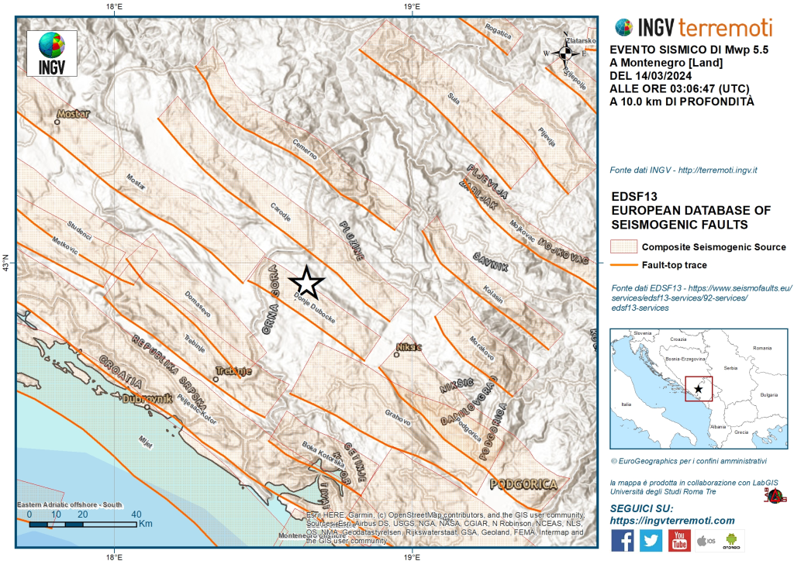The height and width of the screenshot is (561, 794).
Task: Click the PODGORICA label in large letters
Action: pos(524,484)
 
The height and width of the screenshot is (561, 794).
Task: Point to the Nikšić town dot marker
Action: pos(397,355)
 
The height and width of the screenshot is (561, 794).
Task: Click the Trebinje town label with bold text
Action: pos(234,371)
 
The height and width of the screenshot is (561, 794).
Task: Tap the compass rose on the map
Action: pos(566,53)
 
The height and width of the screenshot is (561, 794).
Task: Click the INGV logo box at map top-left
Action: pos(52,53)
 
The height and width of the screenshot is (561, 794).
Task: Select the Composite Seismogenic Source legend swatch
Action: pos(623,247)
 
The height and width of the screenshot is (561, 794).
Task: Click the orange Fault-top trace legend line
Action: pos(623,265)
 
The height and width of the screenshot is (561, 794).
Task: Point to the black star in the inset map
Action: pos(699,388)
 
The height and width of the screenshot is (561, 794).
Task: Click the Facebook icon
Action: pos(622,540)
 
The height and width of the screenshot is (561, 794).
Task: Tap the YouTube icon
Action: pos(679,540)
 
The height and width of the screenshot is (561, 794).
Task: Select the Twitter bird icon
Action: pos(651,540)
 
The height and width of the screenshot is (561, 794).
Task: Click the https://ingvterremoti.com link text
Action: pos(671,521)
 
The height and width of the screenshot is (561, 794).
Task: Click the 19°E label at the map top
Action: pos(412,7)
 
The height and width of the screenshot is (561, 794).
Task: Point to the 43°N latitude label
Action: pos(6,264)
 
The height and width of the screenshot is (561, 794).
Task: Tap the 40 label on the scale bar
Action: pos(136,514)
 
